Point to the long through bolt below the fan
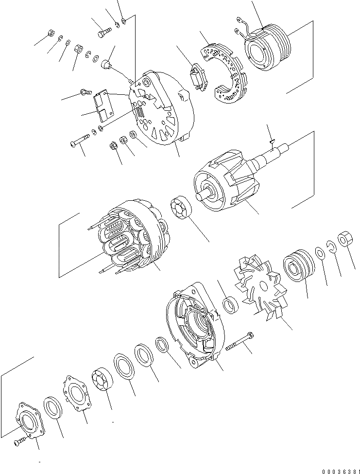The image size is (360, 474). [240, 342]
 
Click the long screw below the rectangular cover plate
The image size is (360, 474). [79, 141]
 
